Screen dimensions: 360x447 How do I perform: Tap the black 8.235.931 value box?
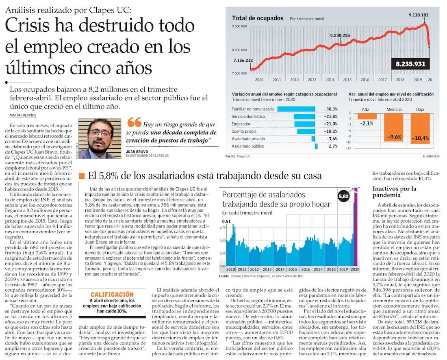[x=411, y=64]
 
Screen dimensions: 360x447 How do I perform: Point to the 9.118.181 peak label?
[x=419, y=15]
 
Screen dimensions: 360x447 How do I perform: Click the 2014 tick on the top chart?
[x=330, y=80]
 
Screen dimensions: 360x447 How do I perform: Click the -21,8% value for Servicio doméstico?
[x=330, y=116]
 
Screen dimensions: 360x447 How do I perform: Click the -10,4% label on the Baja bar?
[x=420, y=138]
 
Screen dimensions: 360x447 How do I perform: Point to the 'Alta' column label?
[x=366, y=109]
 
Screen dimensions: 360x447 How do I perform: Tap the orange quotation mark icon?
[x=135, y=122]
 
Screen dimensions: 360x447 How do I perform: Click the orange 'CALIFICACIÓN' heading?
[x=112, y=294]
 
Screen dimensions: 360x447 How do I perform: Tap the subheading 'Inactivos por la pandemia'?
[x=394, y=192]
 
